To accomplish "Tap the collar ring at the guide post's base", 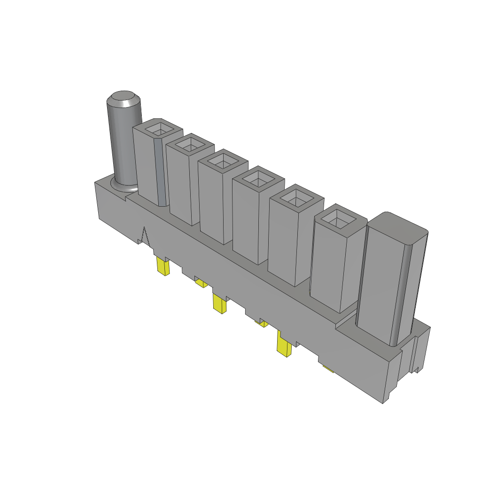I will pos(123,186).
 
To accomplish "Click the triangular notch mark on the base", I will pos(145,235).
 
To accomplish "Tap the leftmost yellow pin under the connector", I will pos(163,267).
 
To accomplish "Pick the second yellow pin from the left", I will pos(201,282).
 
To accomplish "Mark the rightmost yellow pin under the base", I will pos(327,369).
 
